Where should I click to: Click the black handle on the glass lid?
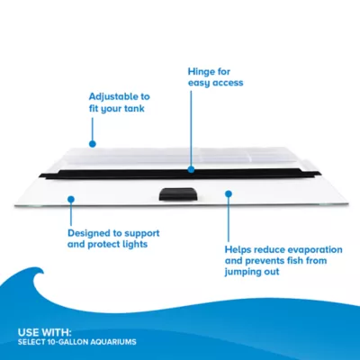pos(178,194)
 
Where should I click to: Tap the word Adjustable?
pos(111,96)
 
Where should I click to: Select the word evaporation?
pos(315,249)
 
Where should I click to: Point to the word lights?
pos(135,244)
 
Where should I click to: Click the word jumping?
pos(241,272)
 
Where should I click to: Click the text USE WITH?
pos(45,332)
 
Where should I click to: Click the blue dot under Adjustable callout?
pos(93,144)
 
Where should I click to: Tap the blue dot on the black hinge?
pos(191,170)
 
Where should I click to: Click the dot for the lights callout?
pos(71,199)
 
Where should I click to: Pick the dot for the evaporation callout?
pos(229,194)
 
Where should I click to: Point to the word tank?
pos(133,108)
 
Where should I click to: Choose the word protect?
pos(103,245)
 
